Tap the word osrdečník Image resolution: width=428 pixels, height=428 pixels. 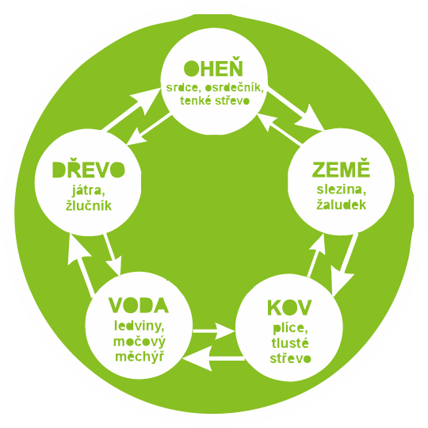point(234,88)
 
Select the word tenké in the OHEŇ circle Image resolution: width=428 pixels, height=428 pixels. point(196,101)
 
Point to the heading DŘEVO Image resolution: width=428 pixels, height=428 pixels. point(89,170)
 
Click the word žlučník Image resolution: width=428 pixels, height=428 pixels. point(89,204)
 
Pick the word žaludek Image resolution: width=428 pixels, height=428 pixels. point(341,204)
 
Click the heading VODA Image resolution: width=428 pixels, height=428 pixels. point(139,305)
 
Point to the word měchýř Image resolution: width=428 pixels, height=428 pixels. point(139,356)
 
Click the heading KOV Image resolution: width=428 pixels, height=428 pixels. point(289,308)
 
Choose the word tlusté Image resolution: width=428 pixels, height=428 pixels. point(290,343)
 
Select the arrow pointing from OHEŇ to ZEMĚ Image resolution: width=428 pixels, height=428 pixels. point(296,109)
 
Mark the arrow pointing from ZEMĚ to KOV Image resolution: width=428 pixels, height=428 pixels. point(343,265)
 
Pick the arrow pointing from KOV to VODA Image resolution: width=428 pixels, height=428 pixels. point(213,357)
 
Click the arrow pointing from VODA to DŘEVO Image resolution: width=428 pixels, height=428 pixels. point(81,264)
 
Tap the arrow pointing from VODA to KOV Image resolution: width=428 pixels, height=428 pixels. point(213,331)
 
